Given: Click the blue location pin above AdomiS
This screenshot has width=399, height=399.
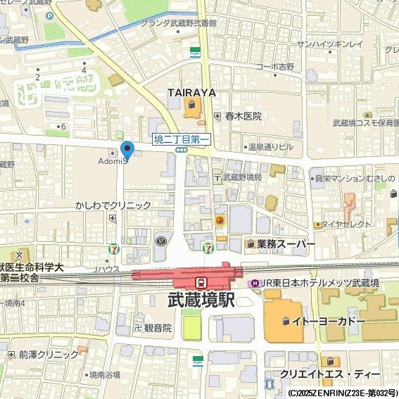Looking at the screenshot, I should (x=127, y=150).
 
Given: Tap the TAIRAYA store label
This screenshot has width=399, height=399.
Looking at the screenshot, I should (x=191, y=92).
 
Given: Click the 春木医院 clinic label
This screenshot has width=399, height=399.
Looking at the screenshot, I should (x=243, y=116).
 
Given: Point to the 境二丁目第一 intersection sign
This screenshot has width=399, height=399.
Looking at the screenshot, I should (x=182, y=139).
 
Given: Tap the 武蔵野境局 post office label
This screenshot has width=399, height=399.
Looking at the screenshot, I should (x=242, y=177).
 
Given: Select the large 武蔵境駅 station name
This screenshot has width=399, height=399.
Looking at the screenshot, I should (x=201, y=300).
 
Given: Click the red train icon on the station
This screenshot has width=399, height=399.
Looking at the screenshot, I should (x=201, y=282).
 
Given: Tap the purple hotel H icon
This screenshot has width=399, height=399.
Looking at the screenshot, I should (x=254, y=283).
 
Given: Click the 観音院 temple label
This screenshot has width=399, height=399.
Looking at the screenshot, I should (x=158, y=328).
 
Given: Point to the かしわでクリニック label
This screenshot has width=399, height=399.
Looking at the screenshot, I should (x=113, y=205).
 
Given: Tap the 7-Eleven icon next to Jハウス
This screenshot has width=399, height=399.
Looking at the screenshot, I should (x=113, y=249).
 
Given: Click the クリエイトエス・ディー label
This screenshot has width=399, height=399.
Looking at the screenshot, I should (x=329, y=373).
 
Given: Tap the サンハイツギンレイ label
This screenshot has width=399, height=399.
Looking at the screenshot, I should (x=330, y=44).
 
